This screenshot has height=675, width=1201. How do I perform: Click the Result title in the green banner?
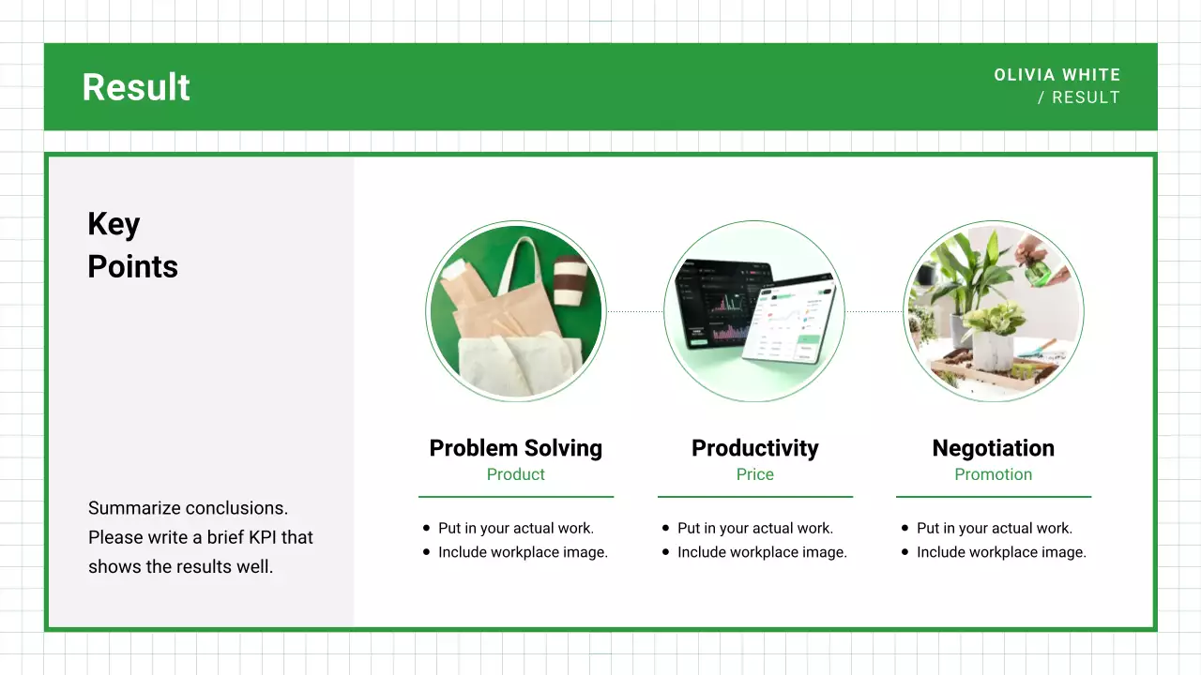[x=136, y=87]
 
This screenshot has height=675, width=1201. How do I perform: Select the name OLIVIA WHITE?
[x=1057, y=75]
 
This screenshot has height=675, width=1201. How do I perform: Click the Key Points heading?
[x=131, y=246]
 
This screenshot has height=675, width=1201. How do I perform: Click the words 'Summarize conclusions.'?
[x=188, y=508]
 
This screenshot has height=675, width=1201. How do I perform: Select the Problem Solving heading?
[x=515, y=448]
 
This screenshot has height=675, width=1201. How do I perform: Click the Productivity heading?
[x=754, y=448]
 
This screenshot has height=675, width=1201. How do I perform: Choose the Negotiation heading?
[x=993, y=448]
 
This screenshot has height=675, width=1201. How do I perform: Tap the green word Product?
[x=515, y=474]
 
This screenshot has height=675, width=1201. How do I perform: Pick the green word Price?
[x=754, y=474]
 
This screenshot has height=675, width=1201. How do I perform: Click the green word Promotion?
[x=993, y=474]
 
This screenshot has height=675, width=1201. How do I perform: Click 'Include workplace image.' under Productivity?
[x=762, y=552]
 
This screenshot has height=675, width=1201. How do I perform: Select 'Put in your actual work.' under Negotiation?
[x=994, y=528]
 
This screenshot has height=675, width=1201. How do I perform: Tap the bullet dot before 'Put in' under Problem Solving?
[x=427, y=529]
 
